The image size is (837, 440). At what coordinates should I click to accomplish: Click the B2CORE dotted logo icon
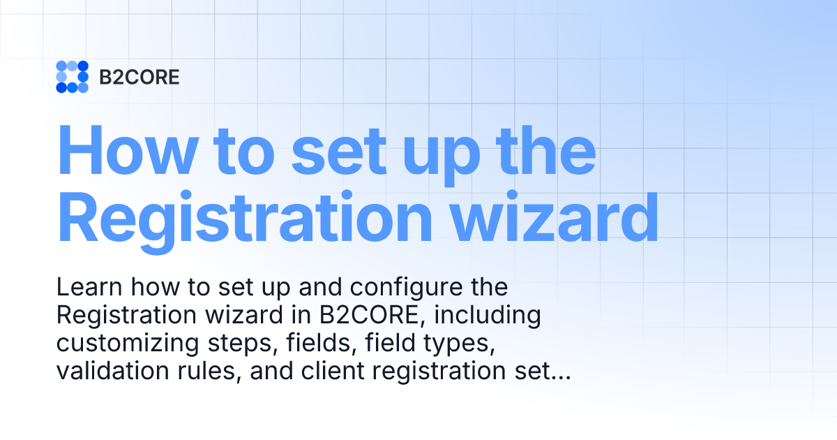pos(72,77)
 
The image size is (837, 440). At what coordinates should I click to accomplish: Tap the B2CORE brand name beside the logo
pos(139,77)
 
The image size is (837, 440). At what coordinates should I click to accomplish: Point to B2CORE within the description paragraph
pos(371,316)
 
